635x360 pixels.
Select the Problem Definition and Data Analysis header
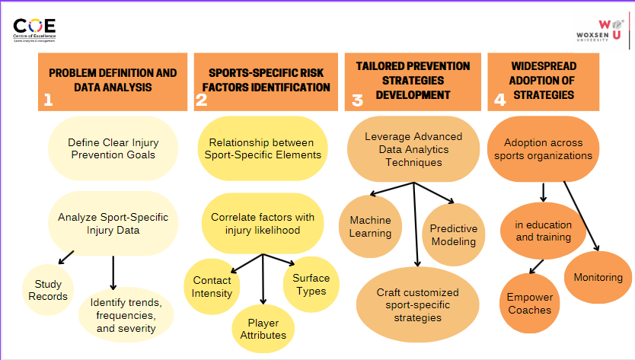point(113,81)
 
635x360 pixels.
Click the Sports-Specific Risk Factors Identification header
point(265,81)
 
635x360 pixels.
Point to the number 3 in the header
point(357,99)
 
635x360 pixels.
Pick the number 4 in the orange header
point(499,99)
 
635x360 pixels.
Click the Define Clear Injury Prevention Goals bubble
point(113,148)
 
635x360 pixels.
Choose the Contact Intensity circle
point(212,286)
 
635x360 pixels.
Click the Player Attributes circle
point(263,328)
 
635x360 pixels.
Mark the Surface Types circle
point(310,284)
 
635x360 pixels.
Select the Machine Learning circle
point(370,227)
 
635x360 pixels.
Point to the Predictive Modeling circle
point(454,234)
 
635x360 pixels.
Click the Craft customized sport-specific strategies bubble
point(418,304)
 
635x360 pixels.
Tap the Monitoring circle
point(598,278)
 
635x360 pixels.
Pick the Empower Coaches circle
point(530,304)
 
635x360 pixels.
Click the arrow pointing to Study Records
point(66,256)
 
